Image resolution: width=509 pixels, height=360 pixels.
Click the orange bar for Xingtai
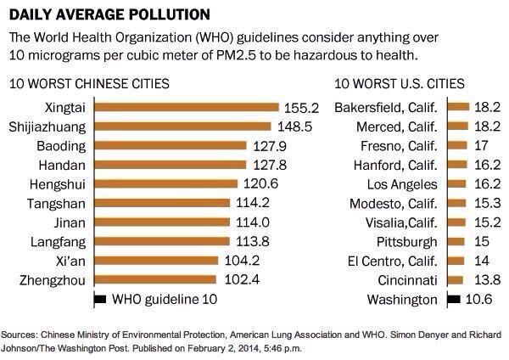point(187,108)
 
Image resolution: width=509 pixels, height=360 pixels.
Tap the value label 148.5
point(293,127)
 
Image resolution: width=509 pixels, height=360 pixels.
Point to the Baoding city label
point(60,146)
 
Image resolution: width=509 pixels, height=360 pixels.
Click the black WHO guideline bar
point(99,299)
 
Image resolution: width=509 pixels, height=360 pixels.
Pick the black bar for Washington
point(453,299)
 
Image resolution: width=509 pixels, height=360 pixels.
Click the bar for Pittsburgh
point(456,242)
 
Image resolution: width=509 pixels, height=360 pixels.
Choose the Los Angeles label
point(402,184)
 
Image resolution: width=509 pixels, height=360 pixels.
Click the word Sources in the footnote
point(25,335)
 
